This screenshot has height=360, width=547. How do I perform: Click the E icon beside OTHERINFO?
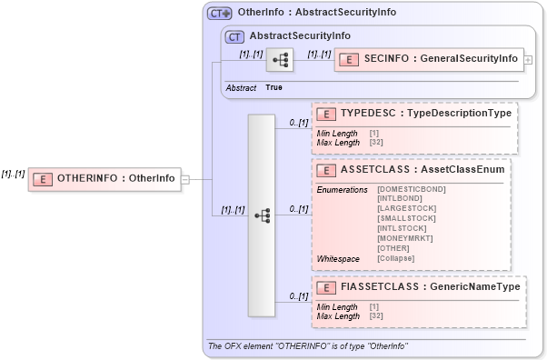coord(42,178)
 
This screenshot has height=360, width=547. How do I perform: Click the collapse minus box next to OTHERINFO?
coord(185,178)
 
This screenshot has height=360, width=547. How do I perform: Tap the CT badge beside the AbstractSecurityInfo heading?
coord(235,36)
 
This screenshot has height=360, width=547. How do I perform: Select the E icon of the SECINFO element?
coord(348,59)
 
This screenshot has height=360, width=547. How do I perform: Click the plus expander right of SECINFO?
coord(529,59)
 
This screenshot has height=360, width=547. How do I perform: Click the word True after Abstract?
coord(273,87)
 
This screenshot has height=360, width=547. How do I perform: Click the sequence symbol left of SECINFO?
coord(280,60)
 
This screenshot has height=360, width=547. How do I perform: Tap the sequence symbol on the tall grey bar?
coord(262,215)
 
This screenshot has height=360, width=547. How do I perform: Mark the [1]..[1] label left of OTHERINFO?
coord(13,173)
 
